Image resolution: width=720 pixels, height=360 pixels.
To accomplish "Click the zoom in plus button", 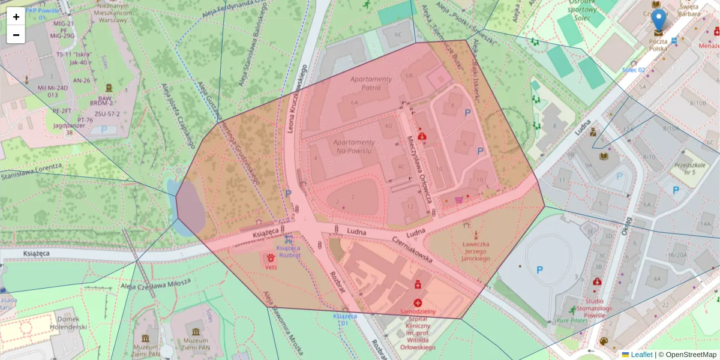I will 16,17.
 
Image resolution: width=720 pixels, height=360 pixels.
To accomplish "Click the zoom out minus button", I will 16,35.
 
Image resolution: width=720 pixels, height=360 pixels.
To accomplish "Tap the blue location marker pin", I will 659,21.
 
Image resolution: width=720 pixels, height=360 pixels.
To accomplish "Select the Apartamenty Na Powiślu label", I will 353,146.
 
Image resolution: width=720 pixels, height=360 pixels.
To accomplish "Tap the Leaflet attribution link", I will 641,355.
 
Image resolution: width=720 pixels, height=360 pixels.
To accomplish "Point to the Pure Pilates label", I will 572,320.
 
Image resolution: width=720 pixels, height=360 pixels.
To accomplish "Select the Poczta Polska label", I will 658,44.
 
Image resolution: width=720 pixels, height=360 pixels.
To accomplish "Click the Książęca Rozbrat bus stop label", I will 287,251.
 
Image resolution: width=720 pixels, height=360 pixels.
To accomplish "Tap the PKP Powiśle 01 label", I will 43,13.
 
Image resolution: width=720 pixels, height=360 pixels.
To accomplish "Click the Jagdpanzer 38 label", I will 66,129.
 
